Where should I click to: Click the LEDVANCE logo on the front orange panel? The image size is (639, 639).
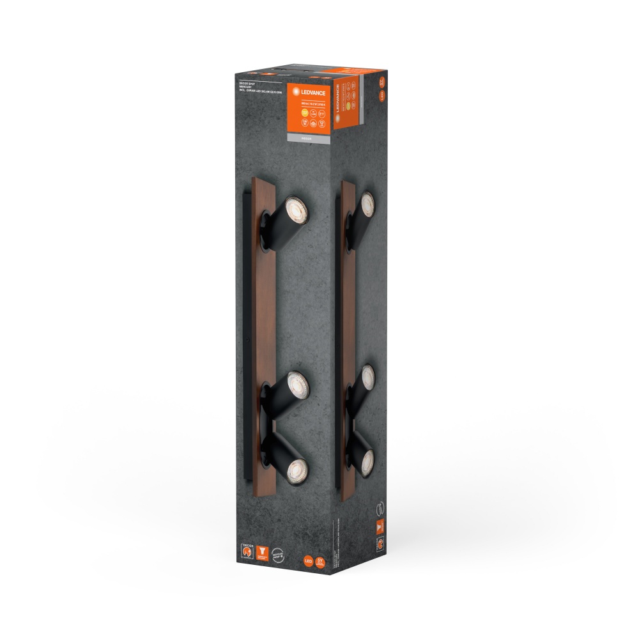click(x=312, y=93)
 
